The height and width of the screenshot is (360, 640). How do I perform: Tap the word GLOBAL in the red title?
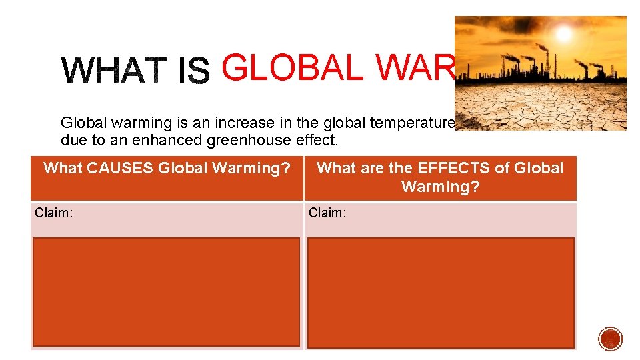tap(293, 68)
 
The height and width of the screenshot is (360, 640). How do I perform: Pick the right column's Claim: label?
tap(327, 213)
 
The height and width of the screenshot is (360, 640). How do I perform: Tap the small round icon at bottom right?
tap(610, 339)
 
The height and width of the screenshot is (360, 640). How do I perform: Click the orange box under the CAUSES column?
tap(166, 292)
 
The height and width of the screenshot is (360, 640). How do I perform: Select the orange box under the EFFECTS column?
tap(440, 292)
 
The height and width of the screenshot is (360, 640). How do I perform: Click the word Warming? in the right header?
tap(440, 187)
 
